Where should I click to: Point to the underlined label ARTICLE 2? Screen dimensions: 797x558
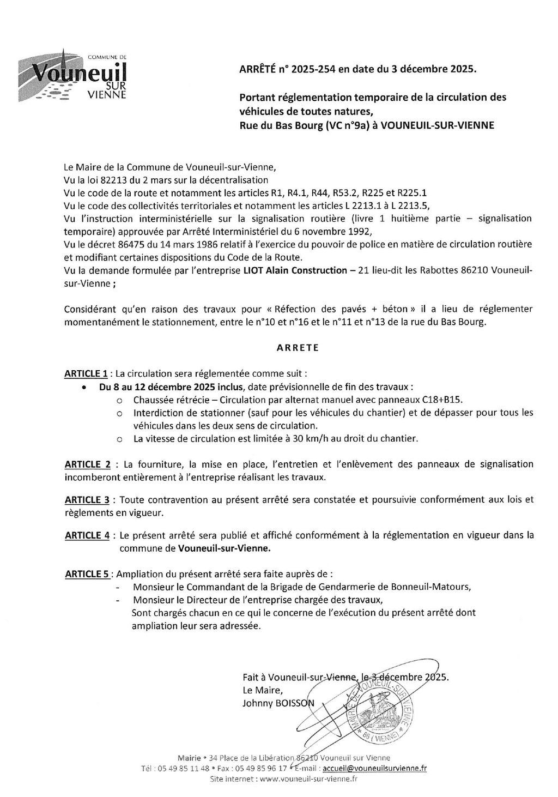88,464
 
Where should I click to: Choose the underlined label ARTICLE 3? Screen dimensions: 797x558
87,500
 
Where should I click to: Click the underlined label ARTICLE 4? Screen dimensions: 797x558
87,536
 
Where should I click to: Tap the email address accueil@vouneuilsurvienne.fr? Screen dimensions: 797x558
374,768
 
